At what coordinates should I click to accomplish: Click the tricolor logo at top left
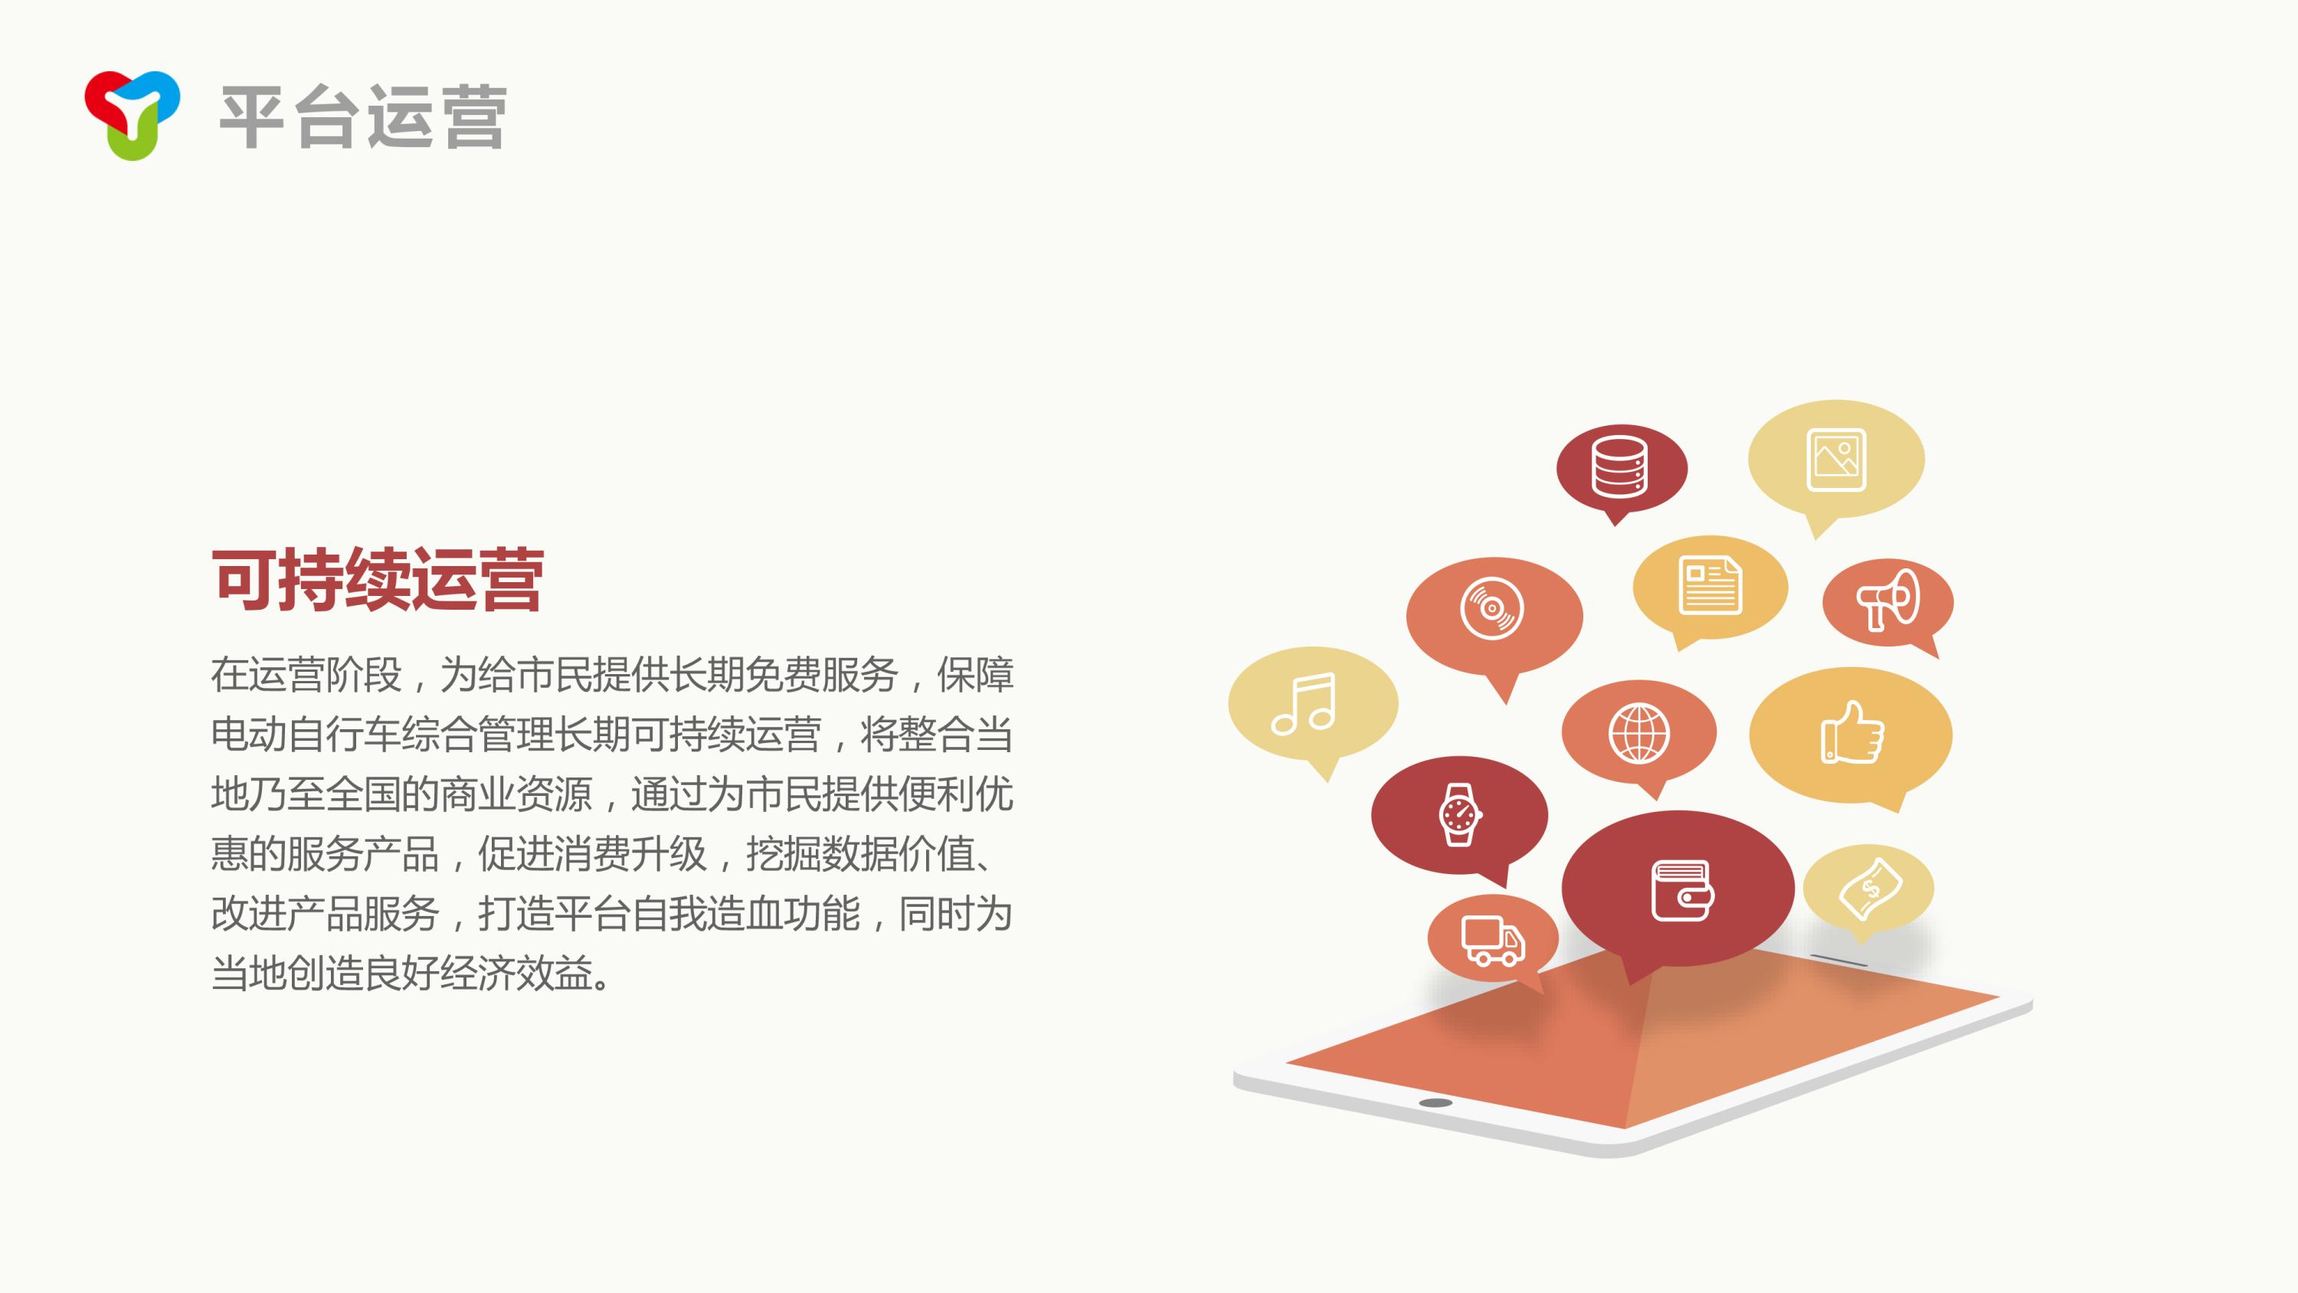(132, 114)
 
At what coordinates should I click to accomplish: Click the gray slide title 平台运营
(363, 117)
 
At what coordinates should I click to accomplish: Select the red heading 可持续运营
(378, 580)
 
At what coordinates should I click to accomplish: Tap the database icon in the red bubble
(1619, 466)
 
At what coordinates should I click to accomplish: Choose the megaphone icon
(1887, 599)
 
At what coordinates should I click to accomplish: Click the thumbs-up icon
(1852, 732)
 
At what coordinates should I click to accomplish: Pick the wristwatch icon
(1459, 813)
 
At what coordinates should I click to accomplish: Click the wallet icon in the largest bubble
(1682, 891)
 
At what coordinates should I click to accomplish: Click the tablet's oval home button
(1435, 1103)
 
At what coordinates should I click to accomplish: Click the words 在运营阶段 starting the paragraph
(306, 675)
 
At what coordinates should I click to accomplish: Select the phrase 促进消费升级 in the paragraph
(592, 854)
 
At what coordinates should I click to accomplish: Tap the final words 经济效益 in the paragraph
(516, 974)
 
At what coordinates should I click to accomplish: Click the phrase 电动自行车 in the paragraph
(306, 735)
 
